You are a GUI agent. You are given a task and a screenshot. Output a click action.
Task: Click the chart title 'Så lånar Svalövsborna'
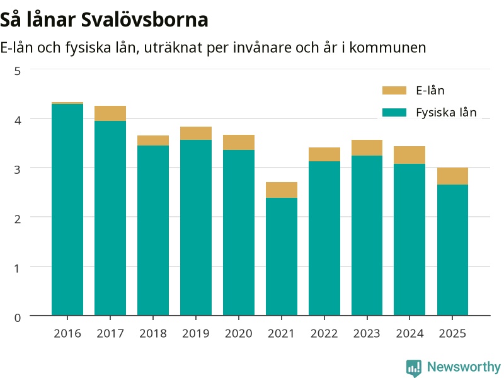[x=104, y=20]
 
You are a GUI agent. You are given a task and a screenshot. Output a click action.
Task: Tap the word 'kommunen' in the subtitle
[x=387, y=48]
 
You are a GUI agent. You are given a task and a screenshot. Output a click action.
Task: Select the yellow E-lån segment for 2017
[x=110, y=113]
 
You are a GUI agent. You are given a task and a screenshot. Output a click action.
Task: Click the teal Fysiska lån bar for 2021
[x=282, y=256]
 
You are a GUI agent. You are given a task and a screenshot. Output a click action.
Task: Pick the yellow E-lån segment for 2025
[x=452, y=176]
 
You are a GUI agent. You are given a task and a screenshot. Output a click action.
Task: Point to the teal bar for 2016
[x=67, y=210]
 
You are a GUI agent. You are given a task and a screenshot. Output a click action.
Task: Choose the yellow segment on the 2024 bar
[x=409, y=155]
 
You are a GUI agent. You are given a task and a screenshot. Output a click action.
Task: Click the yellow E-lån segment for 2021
[x=282, y=190]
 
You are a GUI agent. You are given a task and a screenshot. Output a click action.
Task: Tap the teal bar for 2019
[x=196, y=227]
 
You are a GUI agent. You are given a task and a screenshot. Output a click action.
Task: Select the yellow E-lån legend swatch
[x=394, y=90]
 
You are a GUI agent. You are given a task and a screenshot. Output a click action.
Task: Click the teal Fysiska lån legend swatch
[x=394, y=112]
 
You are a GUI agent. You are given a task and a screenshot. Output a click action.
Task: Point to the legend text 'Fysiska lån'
[x=446, y=113]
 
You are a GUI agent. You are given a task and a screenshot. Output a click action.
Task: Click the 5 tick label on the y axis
[x=18, y=71]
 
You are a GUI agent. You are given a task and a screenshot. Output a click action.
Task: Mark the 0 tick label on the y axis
[x=18, y=318]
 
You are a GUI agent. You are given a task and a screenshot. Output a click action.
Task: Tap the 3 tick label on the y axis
[x=18, y=169]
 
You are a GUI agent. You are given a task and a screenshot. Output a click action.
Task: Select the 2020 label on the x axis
[x=239, y=334]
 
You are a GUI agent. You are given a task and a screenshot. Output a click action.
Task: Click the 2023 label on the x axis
[x=367, y=334]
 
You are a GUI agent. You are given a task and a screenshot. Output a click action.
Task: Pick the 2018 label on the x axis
[x=153, y=334]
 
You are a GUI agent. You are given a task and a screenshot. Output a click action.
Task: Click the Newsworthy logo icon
[x=414, y=367]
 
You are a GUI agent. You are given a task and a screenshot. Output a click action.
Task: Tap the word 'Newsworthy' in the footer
[x=464, y=367]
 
